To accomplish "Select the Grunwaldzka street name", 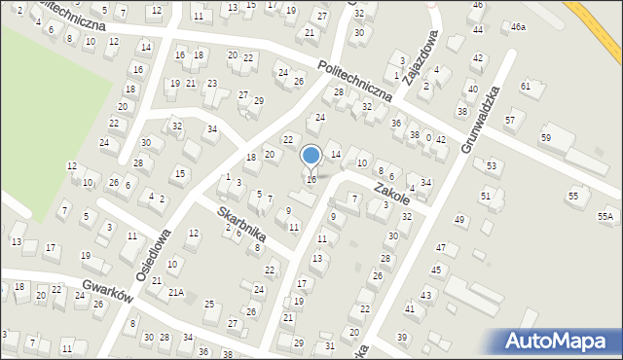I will [481, 119].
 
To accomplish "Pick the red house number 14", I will [336, 155].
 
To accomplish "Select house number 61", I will [526, 87].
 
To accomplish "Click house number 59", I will [546, 137].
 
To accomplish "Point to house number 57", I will [510, 120].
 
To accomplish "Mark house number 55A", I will [605, 216].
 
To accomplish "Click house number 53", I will [492, 166].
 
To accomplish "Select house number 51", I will [485, 196].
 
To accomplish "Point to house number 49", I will [458, 220].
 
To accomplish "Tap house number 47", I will [441, 249].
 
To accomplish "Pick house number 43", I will [425, 295].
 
